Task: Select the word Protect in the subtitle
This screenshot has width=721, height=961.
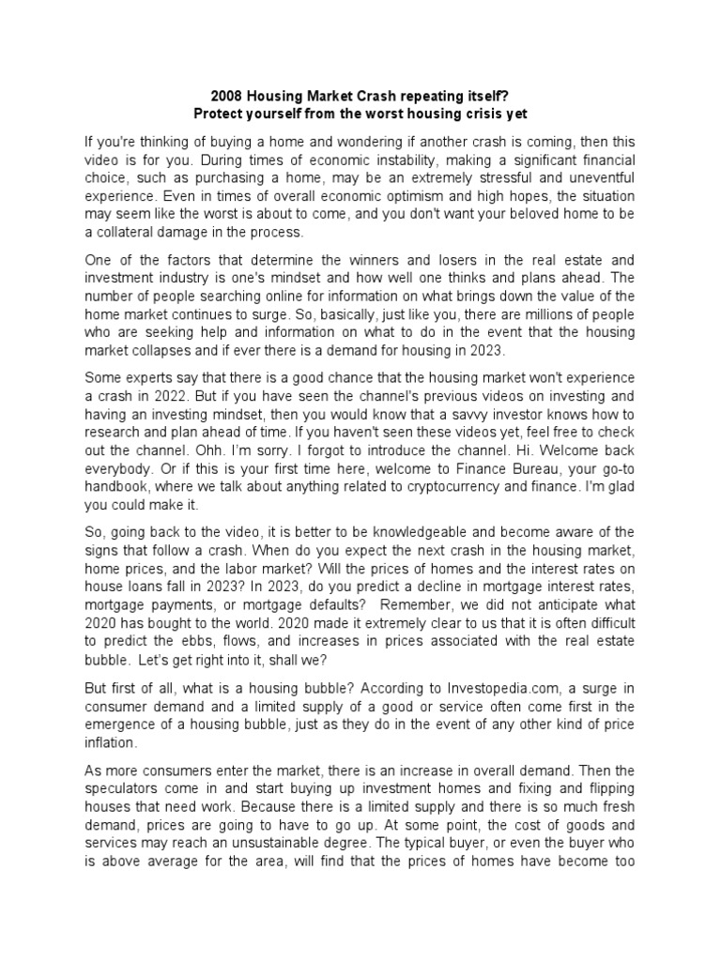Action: (x=218, y=114)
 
